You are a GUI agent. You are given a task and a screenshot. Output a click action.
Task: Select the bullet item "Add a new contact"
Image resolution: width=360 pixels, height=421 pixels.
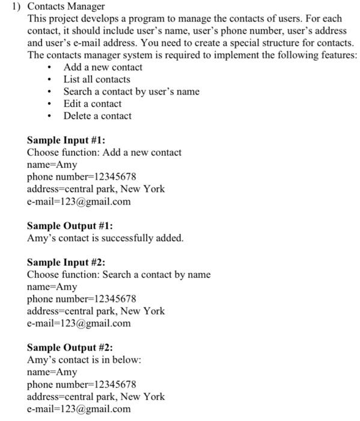click(103, 67)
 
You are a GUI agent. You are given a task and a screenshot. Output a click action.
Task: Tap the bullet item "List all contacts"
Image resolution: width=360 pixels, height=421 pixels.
click(97, 79)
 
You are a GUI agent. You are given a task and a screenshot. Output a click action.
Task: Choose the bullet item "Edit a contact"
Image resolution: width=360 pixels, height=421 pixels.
click(93, 103)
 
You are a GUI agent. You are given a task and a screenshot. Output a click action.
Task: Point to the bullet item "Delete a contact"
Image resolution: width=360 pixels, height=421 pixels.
click(97, 115)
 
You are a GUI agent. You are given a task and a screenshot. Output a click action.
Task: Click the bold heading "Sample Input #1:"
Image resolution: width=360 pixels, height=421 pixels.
click(66, 140)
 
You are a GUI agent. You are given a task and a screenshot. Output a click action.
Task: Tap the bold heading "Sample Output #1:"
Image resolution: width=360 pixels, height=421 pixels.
click(70, 226)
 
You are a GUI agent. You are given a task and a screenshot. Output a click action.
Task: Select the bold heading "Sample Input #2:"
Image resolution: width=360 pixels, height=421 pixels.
click(66, 262)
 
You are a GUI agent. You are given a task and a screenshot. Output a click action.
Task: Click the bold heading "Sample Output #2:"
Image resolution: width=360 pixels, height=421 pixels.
click(70, 348)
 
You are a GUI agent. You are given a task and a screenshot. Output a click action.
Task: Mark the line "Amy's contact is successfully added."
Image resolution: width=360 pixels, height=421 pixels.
click(105, 238)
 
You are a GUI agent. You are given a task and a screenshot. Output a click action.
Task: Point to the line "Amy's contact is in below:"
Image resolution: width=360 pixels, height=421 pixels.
click(84, 360)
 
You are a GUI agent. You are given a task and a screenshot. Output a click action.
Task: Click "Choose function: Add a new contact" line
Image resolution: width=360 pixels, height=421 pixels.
click(104, 152)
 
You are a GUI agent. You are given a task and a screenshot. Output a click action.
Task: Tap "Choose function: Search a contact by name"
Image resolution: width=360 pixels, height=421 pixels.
click(119, 275)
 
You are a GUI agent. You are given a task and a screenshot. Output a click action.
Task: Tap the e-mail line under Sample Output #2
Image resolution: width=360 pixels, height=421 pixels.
click(79, 409)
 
